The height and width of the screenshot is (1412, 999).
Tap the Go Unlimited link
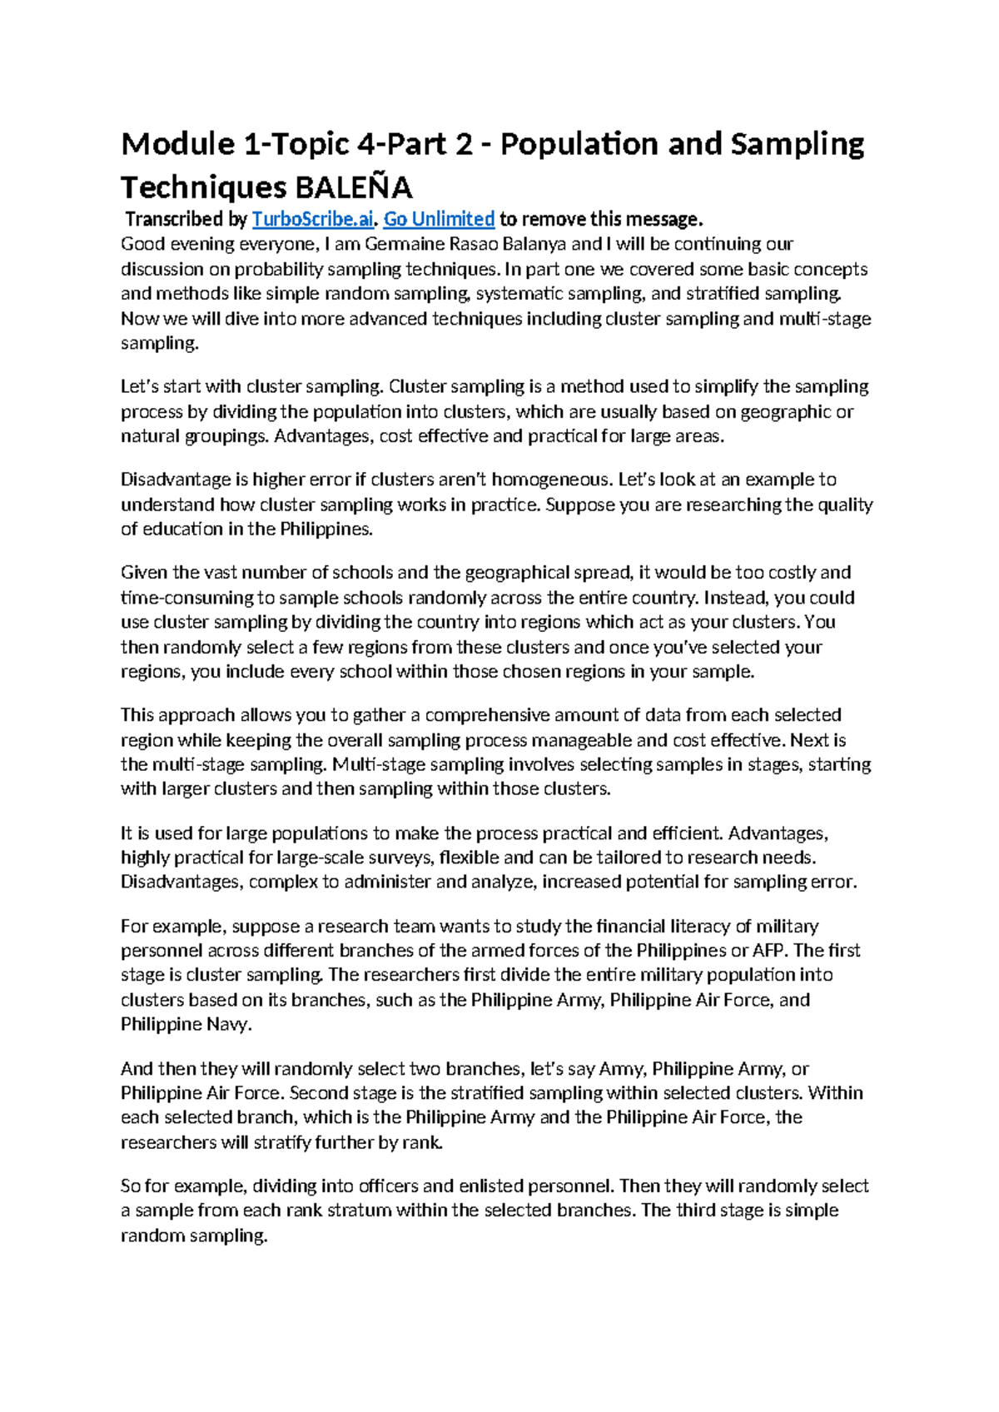439,220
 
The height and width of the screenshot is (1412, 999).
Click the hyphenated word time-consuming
187,598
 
